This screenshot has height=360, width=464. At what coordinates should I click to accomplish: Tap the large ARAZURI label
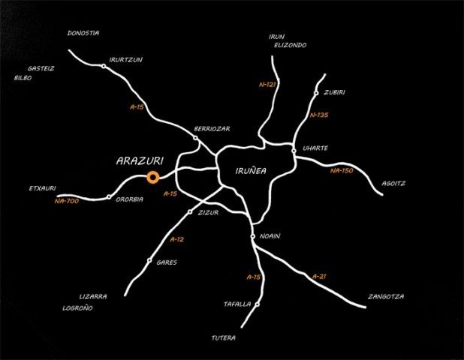click(140, 160)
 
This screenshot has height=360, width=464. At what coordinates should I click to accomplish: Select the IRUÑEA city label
click(251, 170)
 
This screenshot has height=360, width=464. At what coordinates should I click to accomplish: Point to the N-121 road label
click(267, 85)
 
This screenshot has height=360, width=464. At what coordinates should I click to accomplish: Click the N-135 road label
click(318, 115)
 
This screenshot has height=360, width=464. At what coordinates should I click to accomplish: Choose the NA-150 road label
click(342, 170)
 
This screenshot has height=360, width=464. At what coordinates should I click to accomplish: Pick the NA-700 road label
click(67, 201)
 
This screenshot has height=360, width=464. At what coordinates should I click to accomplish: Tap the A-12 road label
click(176, 239)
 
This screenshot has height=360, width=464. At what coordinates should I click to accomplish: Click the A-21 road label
click(319, 277)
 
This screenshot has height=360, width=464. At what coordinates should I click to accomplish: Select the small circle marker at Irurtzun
click(104, 66)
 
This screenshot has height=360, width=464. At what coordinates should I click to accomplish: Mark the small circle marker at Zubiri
click(316, 93)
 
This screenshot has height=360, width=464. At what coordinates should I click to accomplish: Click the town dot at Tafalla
click(258, 304)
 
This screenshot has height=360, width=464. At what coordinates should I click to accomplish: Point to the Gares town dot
click(149, 260)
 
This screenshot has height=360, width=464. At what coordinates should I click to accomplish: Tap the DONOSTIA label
click(83, 33)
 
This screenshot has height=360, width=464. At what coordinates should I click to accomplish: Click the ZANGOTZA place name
click(386, 296)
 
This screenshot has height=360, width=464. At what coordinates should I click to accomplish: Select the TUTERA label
click(224, 337)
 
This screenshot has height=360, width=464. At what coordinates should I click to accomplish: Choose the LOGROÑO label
click(77, 308)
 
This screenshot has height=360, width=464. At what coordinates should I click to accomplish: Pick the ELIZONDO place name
click(290, 45)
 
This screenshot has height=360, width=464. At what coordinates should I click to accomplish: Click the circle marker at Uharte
click(294, 151)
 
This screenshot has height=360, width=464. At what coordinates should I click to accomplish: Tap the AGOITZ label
click(393, 183)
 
